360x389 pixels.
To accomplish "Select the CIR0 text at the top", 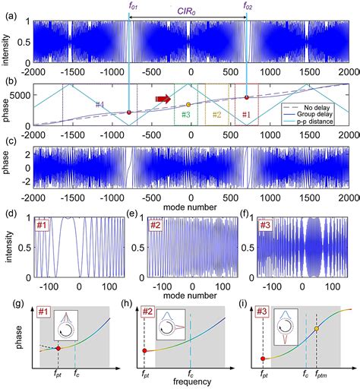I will pyautogui.click(x=191, y=8).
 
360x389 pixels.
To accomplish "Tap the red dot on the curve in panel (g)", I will pyautogui.click(x=58, y=348).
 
